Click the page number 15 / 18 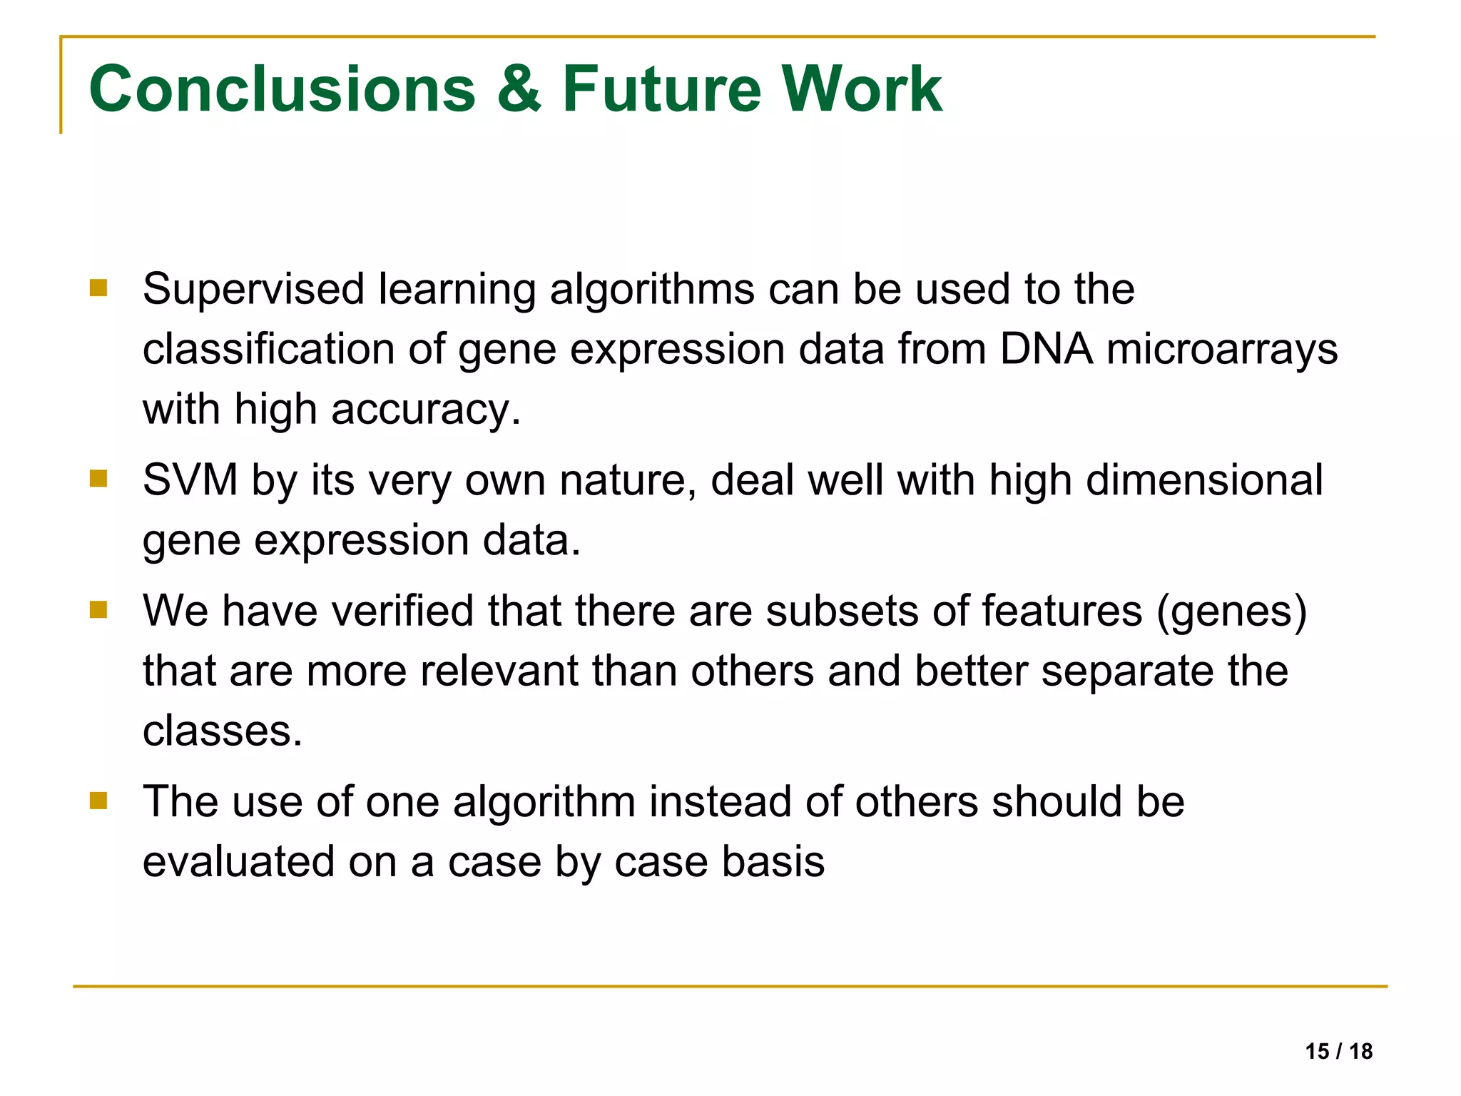[1338, 1051]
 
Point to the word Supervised [253, 290]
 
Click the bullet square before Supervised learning [98, 288]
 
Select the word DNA [1046, 350]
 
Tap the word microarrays [1222, 350]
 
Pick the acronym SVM [190, 479]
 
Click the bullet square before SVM [98, 478]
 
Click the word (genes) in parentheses [1232, 612]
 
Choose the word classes [223, 731]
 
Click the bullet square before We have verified [98, 609]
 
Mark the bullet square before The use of [98, 801]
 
